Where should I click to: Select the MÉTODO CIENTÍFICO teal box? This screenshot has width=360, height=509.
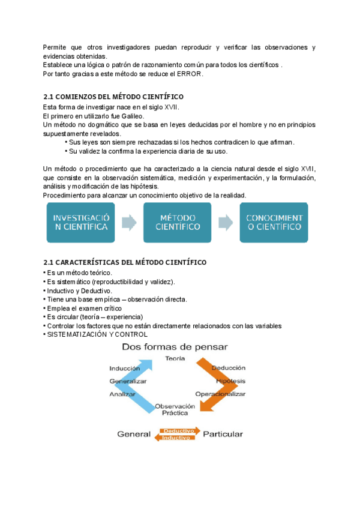pos(177,222)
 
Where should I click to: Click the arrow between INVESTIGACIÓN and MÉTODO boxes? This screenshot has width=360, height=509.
pos(128,222)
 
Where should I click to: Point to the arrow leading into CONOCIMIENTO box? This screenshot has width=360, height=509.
pos(226,222)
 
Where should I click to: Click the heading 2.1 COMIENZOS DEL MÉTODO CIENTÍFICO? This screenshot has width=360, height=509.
pos(113,97)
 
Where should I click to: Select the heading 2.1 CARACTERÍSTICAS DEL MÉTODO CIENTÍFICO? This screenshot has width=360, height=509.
pos(125,263)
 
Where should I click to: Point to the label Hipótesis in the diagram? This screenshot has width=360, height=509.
pos(230,381)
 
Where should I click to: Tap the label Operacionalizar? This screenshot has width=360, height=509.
pos(221,394)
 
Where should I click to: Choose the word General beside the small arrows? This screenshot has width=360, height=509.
pos(133,433)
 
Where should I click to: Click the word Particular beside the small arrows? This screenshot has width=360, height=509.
pos(223,433)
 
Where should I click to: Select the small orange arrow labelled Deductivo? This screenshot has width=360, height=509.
pos(178,430)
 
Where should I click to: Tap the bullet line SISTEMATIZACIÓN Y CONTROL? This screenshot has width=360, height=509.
pos(97,334)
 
